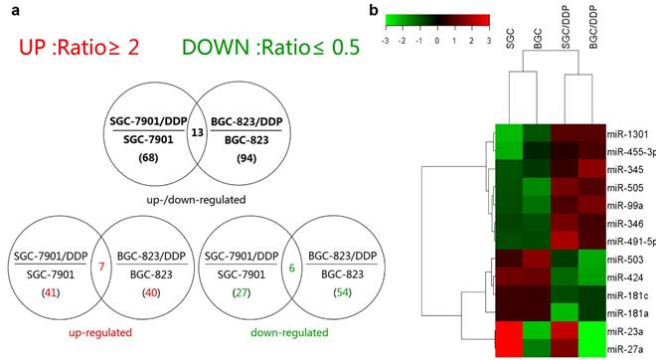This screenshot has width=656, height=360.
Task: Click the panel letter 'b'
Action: click(373, 9)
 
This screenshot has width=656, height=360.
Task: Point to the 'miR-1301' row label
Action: click(626, 132)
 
